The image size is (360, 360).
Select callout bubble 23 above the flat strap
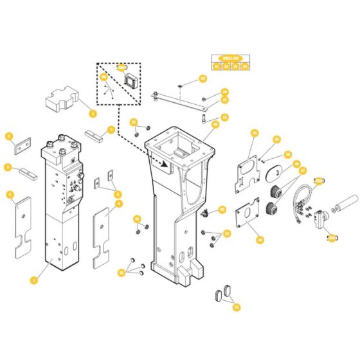click(x=203, y=79)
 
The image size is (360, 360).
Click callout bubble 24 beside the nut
click(x=225, y=91)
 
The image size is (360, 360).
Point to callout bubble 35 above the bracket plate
click(x=255, y=133)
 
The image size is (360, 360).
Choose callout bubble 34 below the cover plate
click(x=260, y=240)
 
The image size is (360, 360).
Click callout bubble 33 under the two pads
click(x=236, y=307)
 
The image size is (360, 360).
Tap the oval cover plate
click(x=273, y=171)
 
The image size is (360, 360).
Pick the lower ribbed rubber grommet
click(x=272, y=209)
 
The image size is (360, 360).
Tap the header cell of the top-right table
click(x=230, y=58)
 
